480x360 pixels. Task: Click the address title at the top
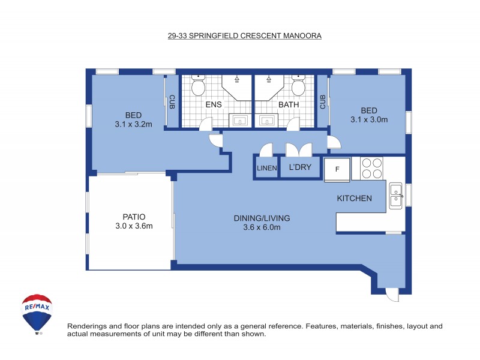[x=244, y=35]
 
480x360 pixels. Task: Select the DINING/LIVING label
[x=257, y=218]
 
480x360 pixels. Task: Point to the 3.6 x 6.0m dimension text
[x=257, y=227]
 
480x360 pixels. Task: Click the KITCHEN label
[x=354, y=199]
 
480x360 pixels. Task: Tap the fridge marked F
[x=337, y=169]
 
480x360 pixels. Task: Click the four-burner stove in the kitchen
[x=371, y=167]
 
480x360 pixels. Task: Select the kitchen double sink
[x=396, y=195]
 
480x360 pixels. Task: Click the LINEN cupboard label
[x=266, y=169]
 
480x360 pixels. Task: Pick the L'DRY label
[x=300, y=167]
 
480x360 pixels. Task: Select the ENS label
[x=214, y=104]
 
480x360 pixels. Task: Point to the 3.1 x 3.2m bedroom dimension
[x=134, y=125]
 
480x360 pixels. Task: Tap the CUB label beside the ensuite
[x=172, y=103]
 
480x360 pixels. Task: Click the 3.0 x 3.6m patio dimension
[x=134, y=226]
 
